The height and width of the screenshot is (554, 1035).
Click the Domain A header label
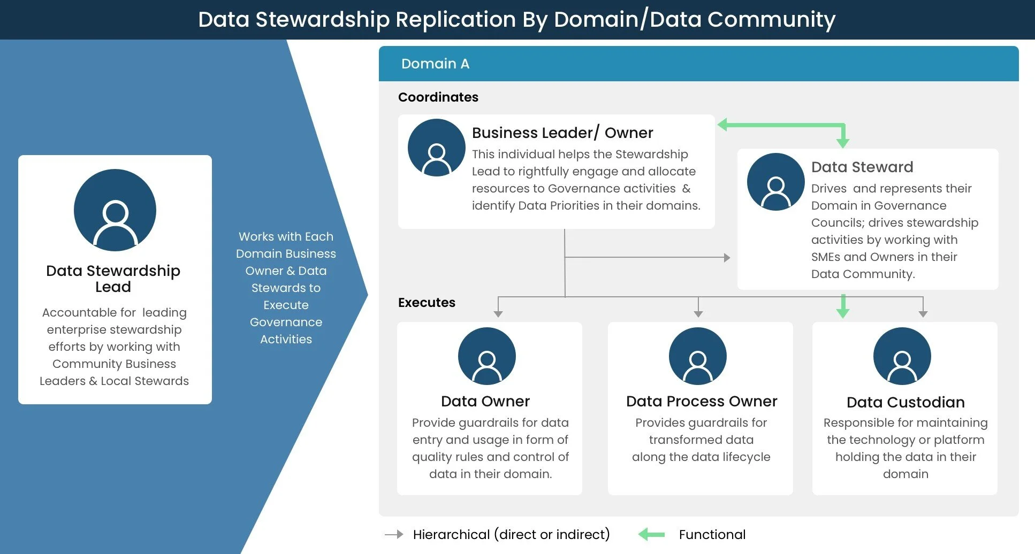click(435, 64)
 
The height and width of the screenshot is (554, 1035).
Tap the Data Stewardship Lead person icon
click(115, 210)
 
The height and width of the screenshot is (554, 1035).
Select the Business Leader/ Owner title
click(562, 133)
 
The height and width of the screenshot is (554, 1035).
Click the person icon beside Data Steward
click(775, 182)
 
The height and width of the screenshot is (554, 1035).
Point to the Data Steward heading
click(862, 167)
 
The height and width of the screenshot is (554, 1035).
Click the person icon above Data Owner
click(486, 356)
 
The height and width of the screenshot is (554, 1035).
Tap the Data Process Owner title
click(701, 401)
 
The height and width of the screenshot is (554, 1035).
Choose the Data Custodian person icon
click(902, 356)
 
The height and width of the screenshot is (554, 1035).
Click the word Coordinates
click(438, 97)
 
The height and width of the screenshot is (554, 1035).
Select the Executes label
click(427, 303)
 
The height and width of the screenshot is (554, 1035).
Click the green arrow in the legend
click(651, 534)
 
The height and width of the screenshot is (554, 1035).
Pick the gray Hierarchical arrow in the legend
click(394, 534)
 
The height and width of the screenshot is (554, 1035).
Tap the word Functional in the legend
click(712, 535)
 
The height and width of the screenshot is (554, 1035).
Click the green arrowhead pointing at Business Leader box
click(722, 125)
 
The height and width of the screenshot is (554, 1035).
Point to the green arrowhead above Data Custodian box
click(843, 312)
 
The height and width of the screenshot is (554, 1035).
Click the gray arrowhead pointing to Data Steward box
click(727, 258)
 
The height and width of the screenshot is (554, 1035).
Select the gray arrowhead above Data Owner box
click(498, 314)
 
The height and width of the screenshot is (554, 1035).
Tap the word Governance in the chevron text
click(286, 322)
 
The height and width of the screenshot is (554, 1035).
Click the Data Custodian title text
click(905, 402)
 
